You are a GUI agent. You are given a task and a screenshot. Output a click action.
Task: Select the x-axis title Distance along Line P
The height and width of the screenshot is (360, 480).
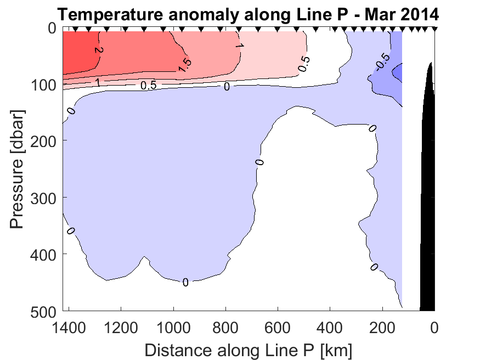pyautogui.click(x=248, y=350)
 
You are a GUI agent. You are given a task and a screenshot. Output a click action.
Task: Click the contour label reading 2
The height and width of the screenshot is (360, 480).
pyautogui.click(x=98, y=50)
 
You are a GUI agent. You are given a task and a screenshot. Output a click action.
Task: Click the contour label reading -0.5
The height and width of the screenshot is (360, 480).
pyautogui.click(x=382, y=62)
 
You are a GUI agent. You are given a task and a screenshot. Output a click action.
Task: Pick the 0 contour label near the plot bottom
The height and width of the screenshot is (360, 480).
pyautogui.click(x=185, y=283)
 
